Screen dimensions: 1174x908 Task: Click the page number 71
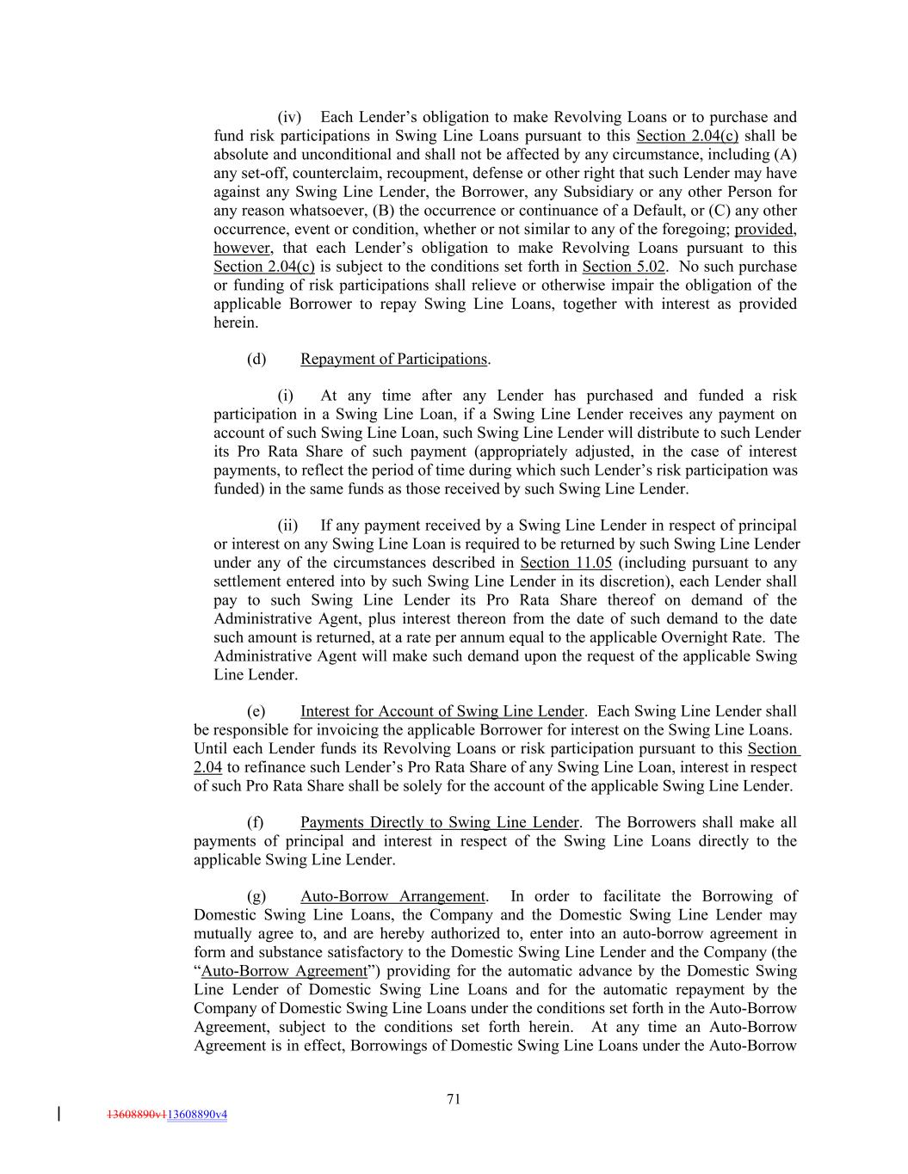(454, 1098)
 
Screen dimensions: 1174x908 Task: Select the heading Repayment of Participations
(393, 360)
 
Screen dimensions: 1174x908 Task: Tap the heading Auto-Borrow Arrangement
(392, 896)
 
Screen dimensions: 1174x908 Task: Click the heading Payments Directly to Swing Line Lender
(439, 822)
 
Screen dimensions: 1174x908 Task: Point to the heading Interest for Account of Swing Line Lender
(442, 711)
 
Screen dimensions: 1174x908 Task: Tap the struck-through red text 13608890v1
(137, 1115)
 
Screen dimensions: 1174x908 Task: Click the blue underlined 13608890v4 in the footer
(197, 1115)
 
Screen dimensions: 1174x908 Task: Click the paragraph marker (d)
(256, 360)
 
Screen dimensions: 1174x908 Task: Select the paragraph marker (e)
(256, 711)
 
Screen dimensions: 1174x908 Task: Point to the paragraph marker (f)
(256, 822)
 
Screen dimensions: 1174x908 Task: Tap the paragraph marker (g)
(256, 896)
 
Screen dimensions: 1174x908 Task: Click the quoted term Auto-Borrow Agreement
(284, 971)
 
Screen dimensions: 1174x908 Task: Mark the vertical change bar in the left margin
(59, 1115)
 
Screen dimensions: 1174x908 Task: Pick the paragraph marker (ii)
(287, 526)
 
